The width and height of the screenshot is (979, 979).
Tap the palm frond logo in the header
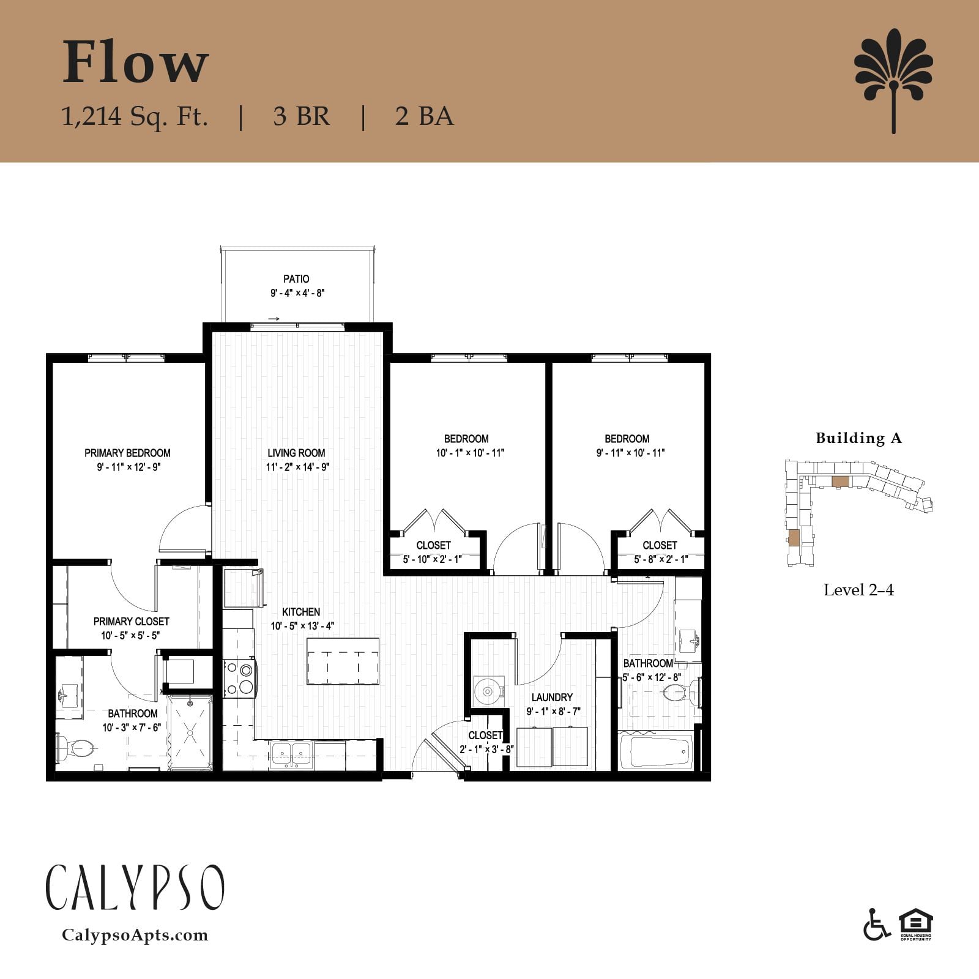pos(893,80)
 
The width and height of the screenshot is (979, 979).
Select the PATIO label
pos(296,279)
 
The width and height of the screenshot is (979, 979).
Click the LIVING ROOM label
pos(296,453)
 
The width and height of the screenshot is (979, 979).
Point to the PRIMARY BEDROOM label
pos(127,453)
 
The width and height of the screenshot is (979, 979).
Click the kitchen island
pos(343,661)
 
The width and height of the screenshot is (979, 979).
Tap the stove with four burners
pos(240,679)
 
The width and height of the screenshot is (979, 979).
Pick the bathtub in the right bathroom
pos(656,750)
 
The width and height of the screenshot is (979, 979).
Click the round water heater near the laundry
pos(488,691)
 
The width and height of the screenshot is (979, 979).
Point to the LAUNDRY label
pos(552,698)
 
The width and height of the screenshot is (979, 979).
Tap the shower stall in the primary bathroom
pos(190,732)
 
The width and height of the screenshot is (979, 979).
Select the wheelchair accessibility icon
pos(877,925)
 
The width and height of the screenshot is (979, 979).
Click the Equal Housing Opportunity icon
pos(915,925)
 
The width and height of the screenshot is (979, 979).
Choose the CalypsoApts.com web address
pos(135,935)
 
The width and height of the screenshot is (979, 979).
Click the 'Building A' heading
pos(858,438)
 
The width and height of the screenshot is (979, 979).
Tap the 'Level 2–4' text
pos(858,590)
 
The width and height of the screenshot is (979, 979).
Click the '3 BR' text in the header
pos(302,116)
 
